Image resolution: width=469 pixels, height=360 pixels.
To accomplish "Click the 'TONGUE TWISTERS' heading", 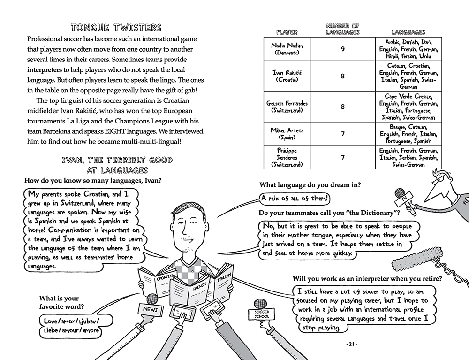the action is [116, 28].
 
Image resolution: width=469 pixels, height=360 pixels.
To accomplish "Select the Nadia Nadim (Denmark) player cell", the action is [287, 49].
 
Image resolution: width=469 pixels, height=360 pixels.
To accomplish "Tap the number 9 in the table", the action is [343, 49].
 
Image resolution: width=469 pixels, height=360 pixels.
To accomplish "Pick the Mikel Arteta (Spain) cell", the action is [287, 134].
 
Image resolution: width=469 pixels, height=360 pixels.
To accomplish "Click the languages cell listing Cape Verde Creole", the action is [408, 107].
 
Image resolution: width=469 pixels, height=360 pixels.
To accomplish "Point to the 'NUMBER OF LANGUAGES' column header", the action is [343, 29].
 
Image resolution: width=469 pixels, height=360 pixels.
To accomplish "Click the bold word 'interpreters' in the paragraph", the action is [44, 70].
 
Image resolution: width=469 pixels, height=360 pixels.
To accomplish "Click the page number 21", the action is [351, 344].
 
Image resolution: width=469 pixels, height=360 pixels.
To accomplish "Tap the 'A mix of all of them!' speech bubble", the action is [295, 199].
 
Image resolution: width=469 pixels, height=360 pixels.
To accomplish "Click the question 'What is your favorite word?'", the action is [61, 302].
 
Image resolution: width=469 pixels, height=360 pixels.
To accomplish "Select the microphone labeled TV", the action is [404, 200].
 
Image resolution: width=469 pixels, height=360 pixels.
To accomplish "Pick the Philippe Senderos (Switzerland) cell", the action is [287, 157].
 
